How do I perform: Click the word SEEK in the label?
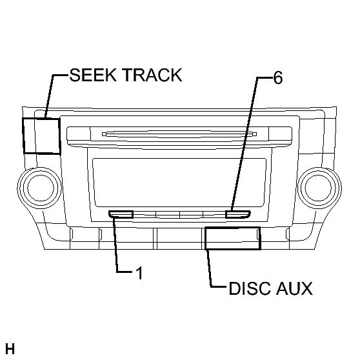coord(93,75)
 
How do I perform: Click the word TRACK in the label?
coord(152,75)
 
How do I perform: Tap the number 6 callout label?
coord(278,78)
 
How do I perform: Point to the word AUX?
coord(294,288)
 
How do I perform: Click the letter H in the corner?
coord(10,349)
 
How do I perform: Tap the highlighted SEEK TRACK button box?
coord(41,135)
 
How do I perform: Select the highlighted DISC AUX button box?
coord(232,238)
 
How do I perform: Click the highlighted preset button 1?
coord(121,214)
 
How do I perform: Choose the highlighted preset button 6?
coord(238,214)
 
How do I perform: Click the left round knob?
coord(40,188)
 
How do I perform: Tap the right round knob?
coord(319,188)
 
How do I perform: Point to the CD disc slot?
coord(179,134)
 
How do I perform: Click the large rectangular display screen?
coord(179,183)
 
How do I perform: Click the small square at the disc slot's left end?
coord(105,134)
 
